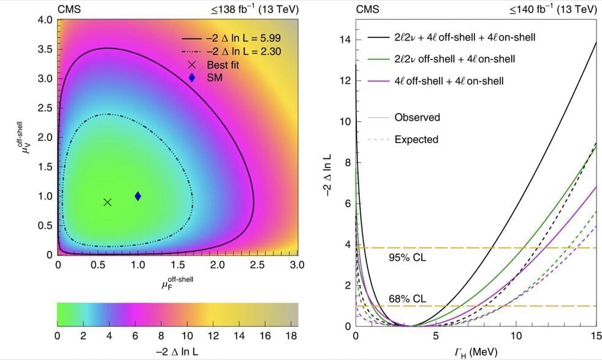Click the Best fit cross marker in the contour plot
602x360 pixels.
108,202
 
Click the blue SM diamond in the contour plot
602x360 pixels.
138,196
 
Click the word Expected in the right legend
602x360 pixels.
416,139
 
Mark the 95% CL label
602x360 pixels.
408,258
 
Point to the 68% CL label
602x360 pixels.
408,299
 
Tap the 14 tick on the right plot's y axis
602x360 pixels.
345,40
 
